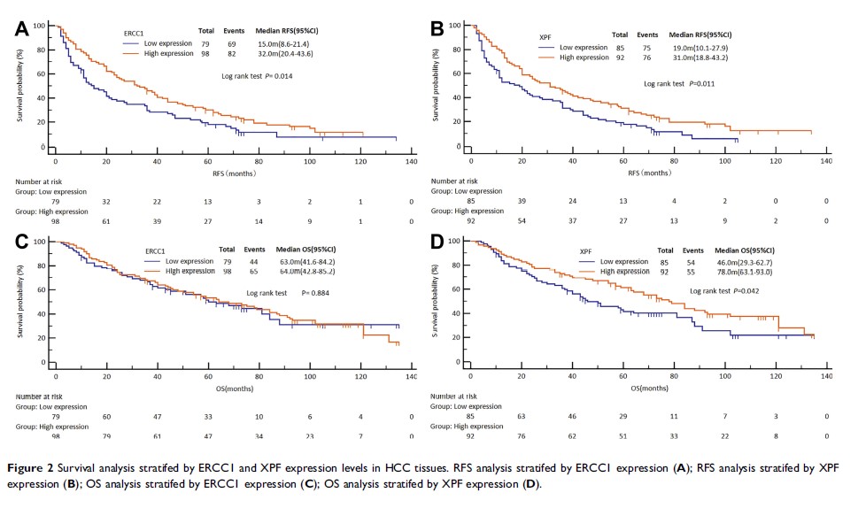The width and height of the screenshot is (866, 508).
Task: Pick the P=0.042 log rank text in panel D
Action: click(730, 290)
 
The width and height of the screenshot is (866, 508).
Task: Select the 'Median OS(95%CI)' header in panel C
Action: click(292, 250)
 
